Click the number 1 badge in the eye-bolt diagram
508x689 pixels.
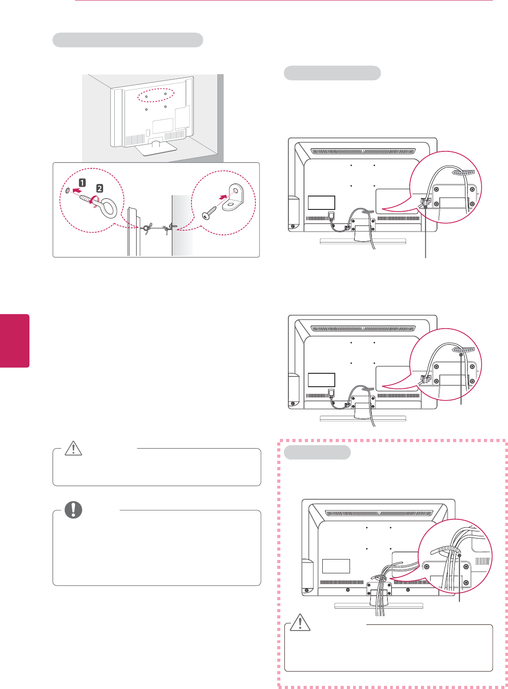[x=83, y=182]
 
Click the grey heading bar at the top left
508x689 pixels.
[x=128, y=40]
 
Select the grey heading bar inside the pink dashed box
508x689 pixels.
[x=317, y=452]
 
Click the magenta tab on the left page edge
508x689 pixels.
[x=14, y=341]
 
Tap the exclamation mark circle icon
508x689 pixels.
[x=73, y=510]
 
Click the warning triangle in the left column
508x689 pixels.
[x=73, y=448]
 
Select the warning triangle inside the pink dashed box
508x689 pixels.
[x=300, y=623]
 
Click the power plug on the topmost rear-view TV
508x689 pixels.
[x=331, y=216]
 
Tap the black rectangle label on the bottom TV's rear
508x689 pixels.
[x=336, y=566]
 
